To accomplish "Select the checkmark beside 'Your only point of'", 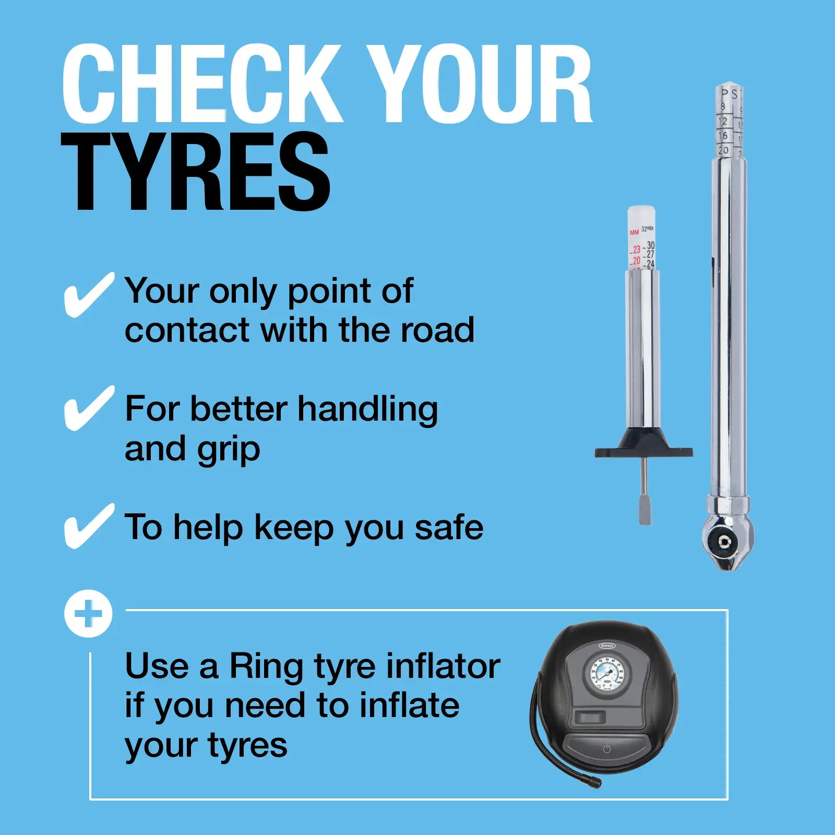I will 88,295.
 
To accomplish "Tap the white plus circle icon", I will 88,614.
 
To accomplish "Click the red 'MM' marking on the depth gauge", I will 634,232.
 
